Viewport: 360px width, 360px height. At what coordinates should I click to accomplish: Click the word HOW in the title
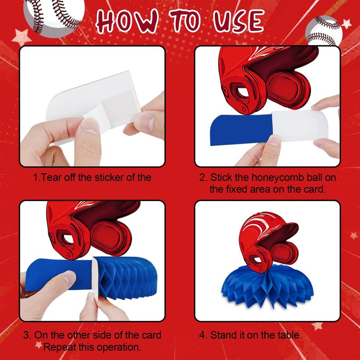tap(127, 21)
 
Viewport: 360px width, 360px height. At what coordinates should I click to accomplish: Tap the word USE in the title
tap(238, 21)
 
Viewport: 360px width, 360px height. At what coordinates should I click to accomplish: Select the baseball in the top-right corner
tap(324, 31)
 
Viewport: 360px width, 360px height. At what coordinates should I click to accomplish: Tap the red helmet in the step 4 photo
tap(268, 242)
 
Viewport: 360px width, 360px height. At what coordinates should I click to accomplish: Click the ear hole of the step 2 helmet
tap(243, 92)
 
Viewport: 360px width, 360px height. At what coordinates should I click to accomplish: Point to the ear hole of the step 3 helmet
tap(68, 239)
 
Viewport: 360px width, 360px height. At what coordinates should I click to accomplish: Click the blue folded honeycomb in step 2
tap(242, 130)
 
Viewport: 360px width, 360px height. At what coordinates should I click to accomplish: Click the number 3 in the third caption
tap(27, 335)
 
